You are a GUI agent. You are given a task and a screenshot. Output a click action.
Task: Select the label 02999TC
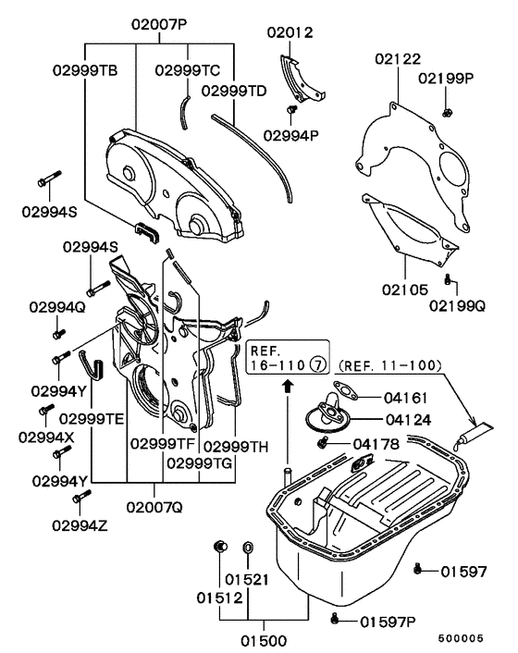(x=187, y=69)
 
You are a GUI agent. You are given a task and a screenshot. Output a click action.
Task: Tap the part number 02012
(x=290, y=32)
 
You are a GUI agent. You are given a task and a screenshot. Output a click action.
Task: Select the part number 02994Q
(x=57, y=305)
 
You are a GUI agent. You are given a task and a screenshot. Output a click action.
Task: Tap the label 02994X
(x=57, y=436)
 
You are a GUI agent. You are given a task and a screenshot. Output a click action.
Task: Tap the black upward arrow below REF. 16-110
(x=287, y=381)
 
